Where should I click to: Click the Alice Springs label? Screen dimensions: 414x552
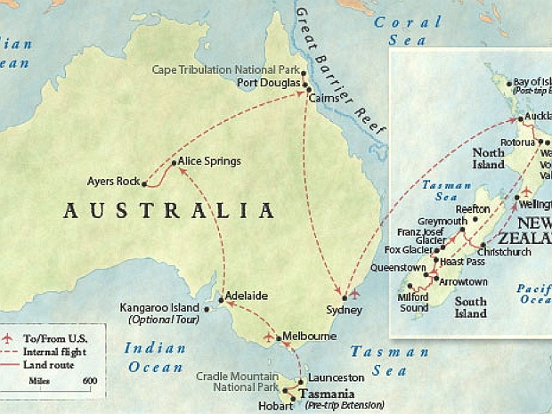coord(209,161)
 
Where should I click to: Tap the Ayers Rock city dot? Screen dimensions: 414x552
coord(144,183)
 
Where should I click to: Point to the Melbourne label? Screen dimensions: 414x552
coord(309,337)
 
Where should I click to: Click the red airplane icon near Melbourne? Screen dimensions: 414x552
coord(270,337)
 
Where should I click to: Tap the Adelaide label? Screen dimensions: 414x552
coord(247,296)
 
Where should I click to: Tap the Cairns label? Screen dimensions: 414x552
coord(325,99)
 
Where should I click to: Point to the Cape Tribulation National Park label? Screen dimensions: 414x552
coord(224,69)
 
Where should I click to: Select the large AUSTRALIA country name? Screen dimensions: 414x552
coord(169,211)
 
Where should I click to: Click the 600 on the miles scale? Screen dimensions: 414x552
coord(90,381)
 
